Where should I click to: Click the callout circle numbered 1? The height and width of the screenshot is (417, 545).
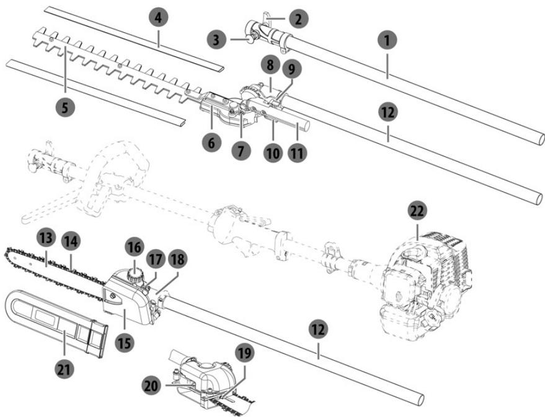387,41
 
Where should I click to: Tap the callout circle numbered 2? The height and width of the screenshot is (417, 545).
298,19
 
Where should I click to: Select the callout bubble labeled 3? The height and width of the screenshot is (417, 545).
216,40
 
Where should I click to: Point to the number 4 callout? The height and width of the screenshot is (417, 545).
159,18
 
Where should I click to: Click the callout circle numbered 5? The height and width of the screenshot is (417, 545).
65,107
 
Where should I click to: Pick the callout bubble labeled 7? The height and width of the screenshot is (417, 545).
241,151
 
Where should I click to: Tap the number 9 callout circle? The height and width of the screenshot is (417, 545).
291,69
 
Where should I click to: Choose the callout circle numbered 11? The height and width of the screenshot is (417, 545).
297,153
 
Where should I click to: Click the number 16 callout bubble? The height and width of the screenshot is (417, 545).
135,248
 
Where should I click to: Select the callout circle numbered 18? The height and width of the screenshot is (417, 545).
177,259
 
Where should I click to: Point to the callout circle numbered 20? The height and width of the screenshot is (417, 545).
151,386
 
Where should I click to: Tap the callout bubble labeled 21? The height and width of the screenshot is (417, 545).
64,369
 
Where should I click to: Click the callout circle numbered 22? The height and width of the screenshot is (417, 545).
417,211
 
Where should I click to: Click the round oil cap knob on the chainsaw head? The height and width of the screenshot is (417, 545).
136,275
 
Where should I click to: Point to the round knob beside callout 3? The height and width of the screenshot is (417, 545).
252,37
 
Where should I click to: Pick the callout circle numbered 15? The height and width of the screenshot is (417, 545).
125,343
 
